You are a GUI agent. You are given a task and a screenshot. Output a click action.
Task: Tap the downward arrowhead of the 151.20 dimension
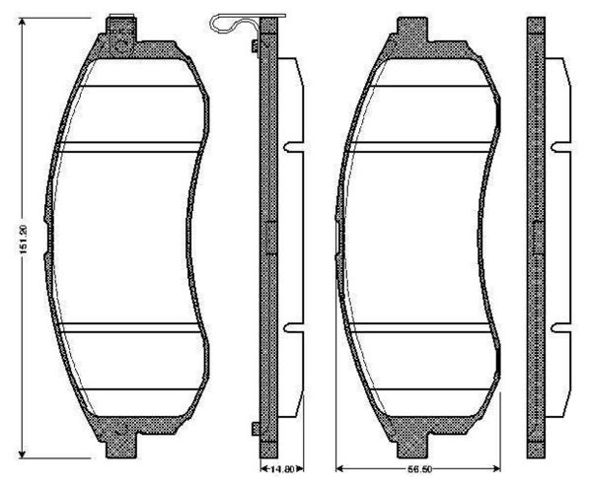pos(23,454)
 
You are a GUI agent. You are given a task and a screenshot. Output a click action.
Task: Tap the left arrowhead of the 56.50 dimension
pos(339,469)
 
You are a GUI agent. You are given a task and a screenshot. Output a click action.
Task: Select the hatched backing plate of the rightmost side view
pos(537,237)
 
